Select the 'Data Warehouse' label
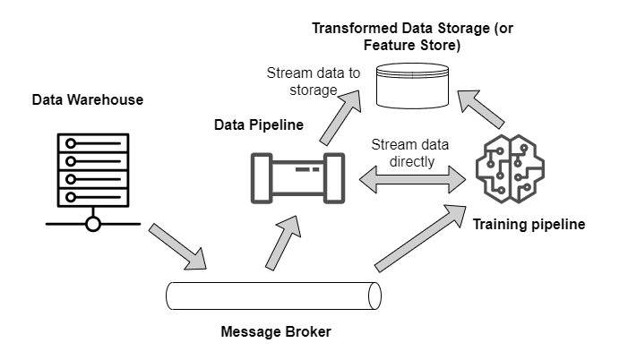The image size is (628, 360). pos(87,99)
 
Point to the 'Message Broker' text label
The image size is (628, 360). pos(276,332)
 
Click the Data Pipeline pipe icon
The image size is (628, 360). pos(296,178)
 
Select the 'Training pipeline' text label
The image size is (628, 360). pos(529,224)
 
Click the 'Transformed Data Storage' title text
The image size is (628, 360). pos(414,28)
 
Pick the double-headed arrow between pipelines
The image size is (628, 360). pos(412,181)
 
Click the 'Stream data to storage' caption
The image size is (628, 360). pos(303,81)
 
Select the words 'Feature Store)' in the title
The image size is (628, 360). pos(414,44)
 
